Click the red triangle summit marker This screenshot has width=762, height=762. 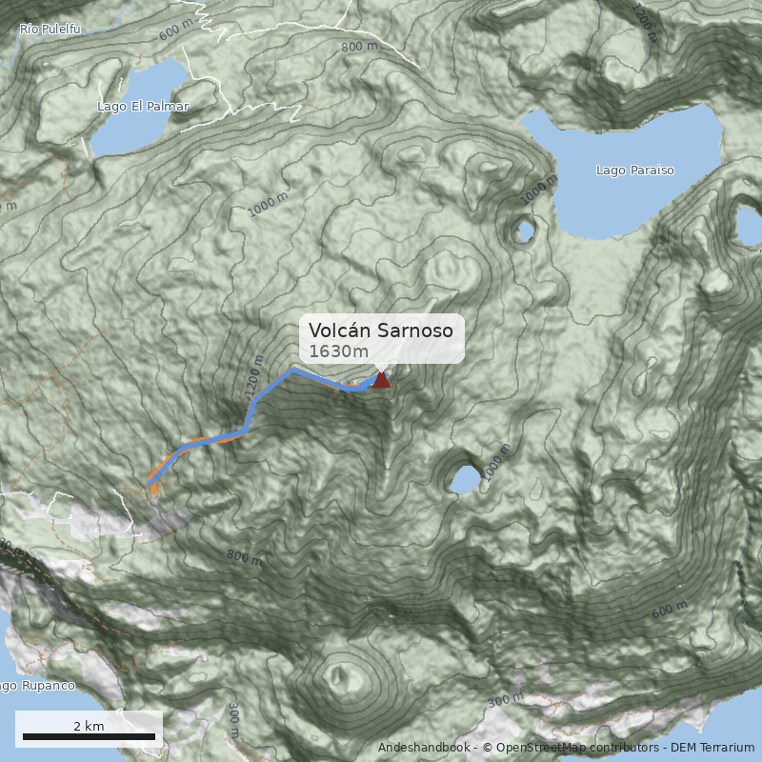tap(381, 380)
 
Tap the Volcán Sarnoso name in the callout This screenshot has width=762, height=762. tap(386, 331)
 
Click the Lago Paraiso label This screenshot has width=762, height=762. tap(634, 170)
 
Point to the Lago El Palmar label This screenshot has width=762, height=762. tap(143, 107)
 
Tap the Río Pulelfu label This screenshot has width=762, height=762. tap(50, 30)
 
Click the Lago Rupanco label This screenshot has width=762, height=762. tap(36, 686)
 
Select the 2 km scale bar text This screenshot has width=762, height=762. tap(89, 726)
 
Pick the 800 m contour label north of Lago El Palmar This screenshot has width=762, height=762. tap(359, 47)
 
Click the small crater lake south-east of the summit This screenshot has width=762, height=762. tap(465, 480)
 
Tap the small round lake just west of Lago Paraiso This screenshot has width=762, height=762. tap(524, 231)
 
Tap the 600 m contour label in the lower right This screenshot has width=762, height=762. tap(670, 610)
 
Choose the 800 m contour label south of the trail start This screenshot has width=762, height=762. tap(244, 557)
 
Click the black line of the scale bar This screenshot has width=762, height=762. tap(89, 736)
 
